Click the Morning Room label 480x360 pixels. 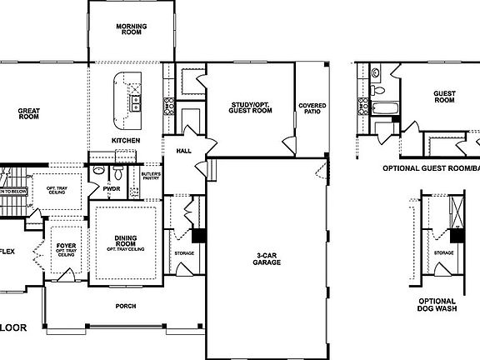pyautogui.click(x=131, y=30)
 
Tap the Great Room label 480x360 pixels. pyautogui.click(x=29, y=113)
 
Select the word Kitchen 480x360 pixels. pyautogui.click(x=126, y=140)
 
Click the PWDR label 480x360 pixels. pyautogui.click(x=112, y=189)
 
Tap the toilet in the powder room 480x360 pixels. pyautogui.click(x=117, y=174)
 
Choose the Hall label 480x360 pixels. pyautogui.click(x=184, y=151)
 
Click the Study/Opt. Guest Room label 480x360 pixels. pyautogui.click(x=251, y=107)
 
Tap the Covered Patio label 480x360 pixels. pyautogui.click(x=312, y=108)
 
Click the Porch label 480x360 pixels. pyautogui.click(x=126, y=306)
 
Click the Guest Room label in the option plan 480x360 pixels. pyautogui.click(x=444, y=96)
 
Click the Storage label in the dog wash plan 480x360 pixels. pyautogui.click(x=443, y=252)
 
